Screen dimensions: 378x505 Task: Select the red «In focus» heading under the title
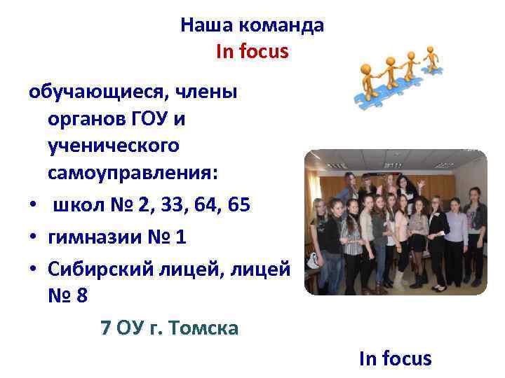point(252,51)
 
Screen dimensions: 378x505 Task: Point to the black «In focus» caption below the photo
point(395,359)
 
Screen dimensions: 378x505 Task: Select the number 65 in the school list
point(237,206)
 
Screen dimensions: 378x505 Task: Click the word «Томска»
point(203,327)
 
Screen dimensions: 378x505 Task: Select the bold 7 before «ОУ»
point(105,327)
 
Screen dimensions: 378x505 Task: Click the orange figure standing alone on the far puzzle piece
point(430,56)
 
